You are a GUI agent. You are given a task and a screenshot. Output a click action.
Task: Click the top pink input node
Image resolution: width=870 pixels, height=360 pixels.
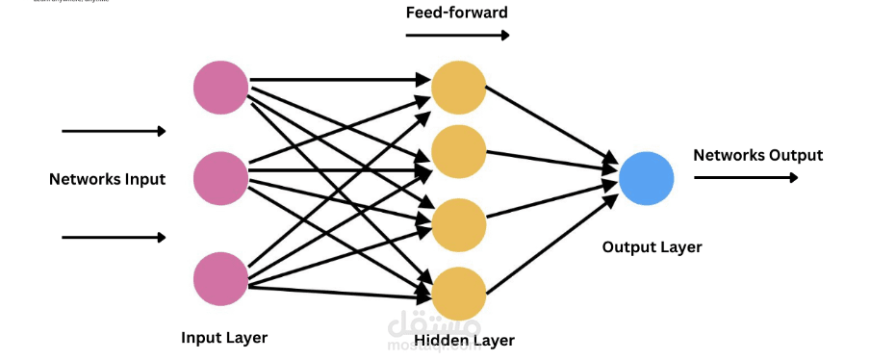pos(220,88)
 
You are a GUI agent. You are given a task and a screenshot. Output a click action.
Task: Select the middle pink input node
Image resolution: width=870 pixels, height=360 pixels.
pos(220,177)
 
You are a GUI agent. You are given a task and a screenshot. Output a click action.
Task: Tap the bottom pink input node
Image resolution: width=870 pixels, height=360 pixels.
pos(220,279)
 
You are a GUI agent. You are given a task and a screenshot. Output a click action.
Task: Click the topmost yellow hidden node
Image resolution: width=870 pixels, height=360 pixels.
pos(458,88)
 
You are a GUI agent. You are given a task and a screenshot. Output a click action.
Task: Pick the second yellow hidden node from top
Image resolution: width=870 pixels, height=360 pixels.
pos(458,151)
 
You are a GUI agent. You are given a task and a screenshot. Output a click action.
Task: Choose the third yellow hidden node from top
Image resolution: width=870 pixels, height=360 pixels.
pos(458,223)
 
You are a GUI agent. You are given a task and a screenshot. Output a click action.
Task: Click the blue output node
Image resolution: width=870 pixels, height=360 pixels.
pos(646,178)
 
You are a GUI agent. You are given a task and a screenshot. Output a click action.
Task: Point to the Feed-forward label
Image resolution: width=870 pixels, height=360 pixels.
pos(457,13)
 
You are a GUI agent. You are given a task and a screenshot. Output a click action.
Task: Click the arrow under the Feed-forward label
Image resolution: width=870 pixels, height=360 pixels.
pos(457,36)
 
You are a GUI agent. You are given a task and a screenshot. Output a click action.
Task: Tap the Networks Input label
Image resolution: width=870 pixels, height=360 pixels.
pos(108,179)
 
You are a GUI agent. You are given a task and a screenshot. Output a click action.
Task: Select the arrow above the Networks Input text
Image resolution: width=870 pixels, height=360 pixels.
pos(114,131)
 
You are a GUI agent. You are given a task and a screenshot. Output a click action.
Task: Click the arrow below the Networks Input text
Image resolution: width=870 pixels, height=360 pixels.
pos(114,237)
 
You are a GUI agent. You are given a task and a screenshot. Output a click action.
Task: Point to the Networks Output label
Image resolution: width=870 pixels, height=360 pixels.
pos(757,155)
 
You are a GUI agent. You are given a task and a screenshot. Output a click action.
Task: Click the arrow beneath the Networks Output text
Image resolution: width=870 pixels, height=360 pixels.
pos(746,177)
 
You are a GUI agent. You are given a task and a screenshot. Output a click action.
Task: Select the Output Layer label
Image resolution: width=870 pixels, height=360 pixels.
pos(652,247)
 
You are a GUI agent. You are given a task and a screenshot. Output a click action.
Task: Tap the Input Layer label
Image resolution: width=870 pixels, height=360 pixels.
pos(224,338)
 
